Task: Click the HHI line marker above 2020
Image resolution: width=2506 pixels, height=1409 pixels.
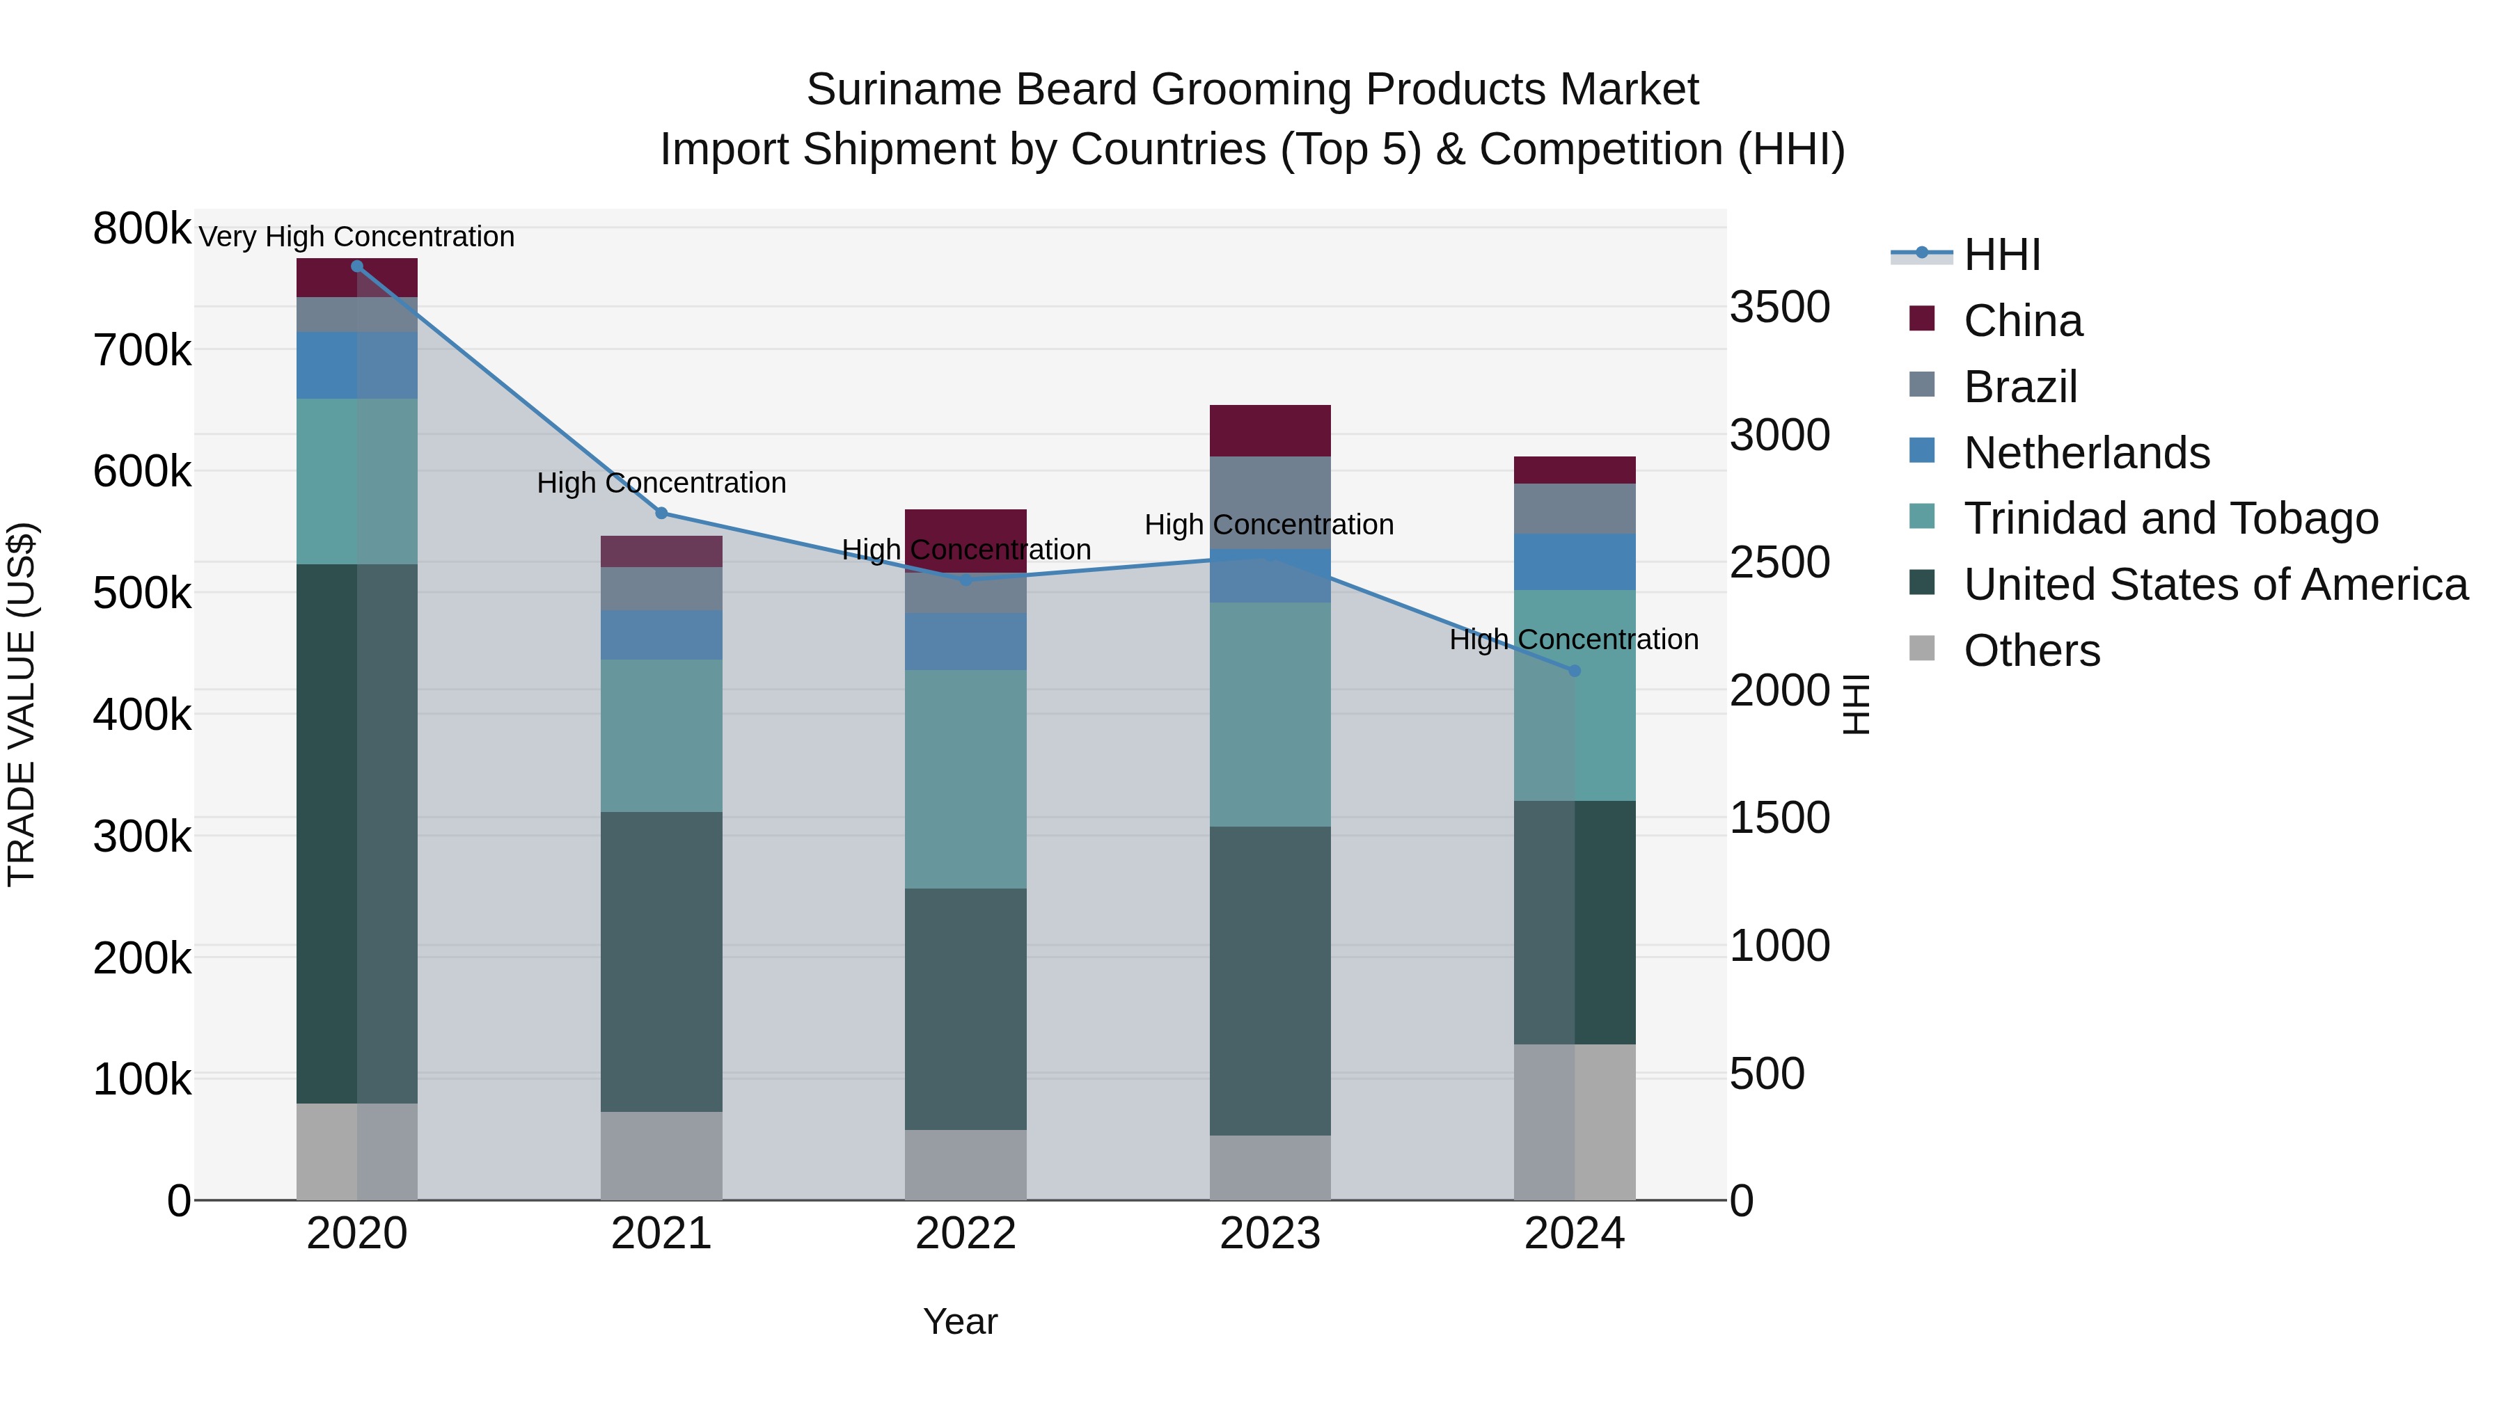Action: click(357, 266)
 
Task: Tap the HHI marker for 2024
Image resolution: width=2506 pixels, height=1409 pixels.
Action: click(1575, 671)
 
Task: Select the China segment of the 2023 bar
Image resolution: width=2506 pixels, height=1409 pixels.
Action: click(1270, 431)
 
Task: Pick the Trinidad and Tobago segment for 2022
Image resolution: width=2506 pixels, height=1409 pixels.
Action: click(965, 778)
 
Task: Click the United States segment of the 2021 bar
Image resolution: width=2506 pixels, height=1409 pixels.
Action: click(661, 961)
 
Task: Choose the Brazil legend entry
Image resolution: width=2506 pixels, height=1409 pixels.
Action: click(2021, 387)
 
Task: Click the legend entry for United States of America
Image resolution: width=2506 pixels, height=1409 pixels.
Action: click(2215, 584)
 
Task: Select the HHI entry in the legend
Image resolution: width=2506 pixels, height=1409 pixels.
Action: click(2001, 255)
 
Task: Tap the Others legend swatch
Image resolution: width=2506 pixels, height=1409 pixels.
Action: click(1922, 648)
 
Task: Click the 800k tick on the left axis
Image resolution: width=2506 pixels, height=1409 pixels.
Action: click(142, 230)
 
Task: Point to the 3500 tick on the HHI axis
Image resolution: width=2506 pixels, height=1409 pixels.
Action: click(1779, 308)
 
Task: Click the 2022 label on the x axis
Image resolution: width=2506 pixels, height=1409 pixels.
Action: click(965, 1234)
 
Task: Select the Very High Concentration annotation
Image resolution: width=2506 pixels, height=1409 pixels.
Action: click(357, 237)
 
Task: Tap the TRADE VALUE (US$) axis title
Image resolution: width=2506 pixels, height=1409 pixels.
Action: click(22, 704)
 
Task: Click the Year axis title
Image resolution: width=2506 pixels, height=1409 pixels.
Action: click(960, 1321)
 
